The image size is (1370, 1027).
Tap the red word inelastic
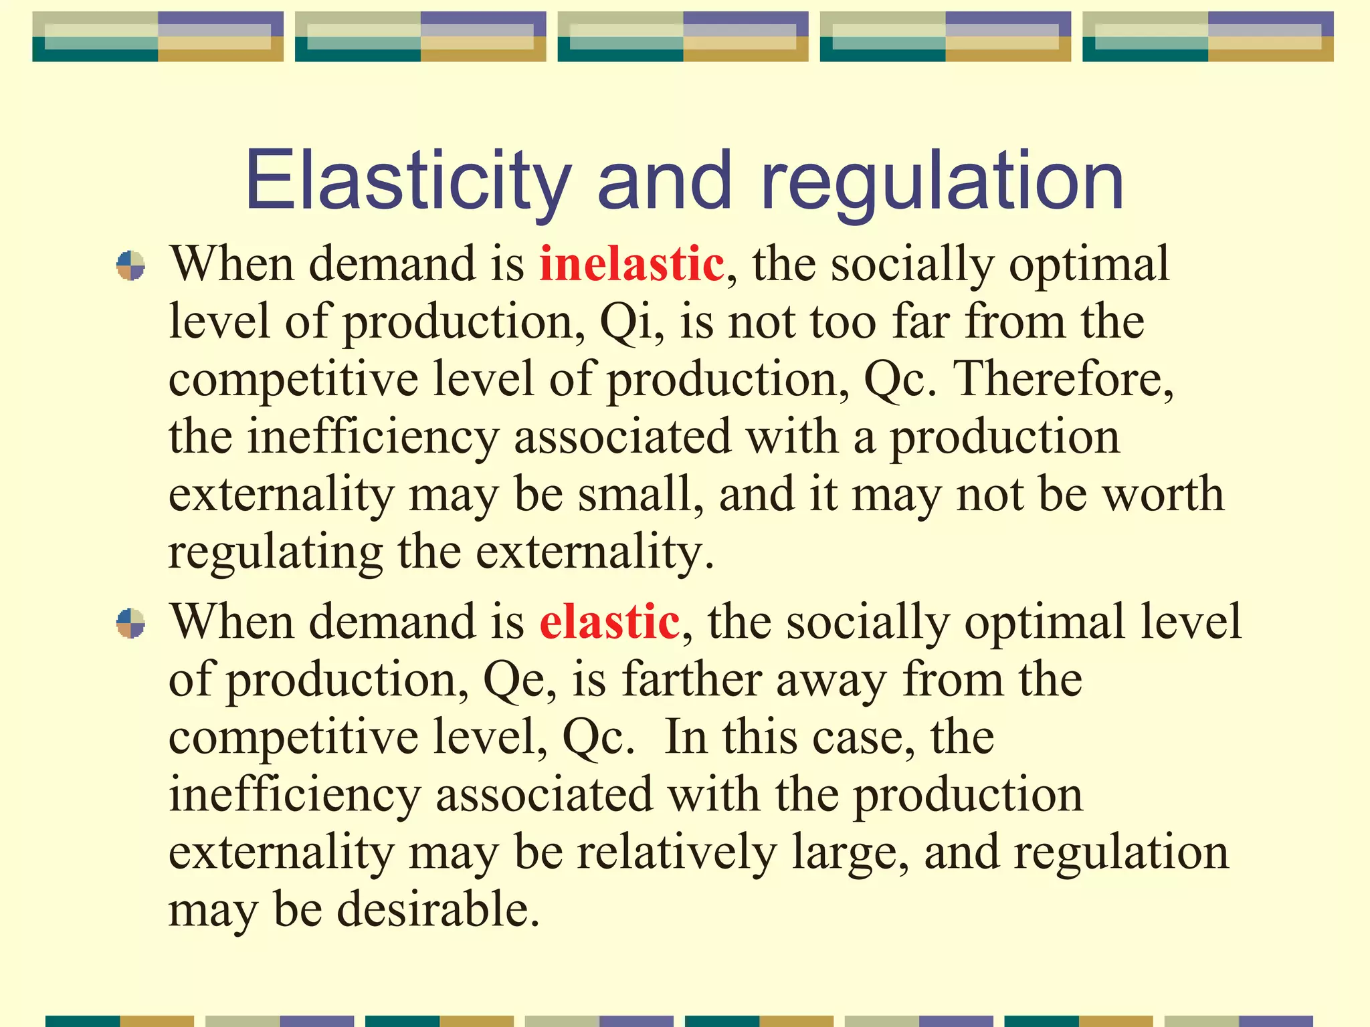click(x=631, y=263)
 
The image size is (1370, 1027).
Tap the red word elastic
click(x=609, y=622)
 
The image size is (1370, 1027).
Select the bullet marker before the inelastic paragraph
click(x=130, y=265)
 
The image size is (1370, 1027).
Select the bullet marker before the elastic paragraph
click(x=130, y=623)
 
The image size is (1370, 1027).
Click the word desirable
click(x=437, y=909)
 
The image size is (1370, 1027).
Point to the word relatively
click(x=676, y=852)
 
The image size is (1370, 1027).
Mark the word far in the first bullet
click(x=924, y=322)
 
